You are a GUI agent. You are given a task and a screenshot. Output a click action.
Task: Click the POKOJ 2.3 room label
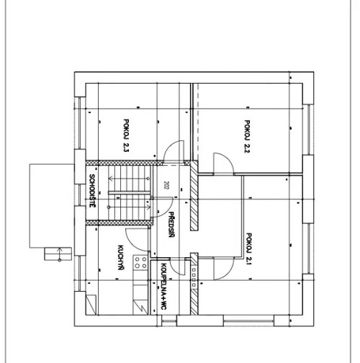125,135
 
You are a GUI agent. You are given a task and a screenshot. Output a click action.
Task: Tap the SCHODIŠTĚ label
92,192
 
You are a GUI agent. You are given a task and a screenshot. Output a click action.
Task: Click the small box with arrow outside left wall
54,253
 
